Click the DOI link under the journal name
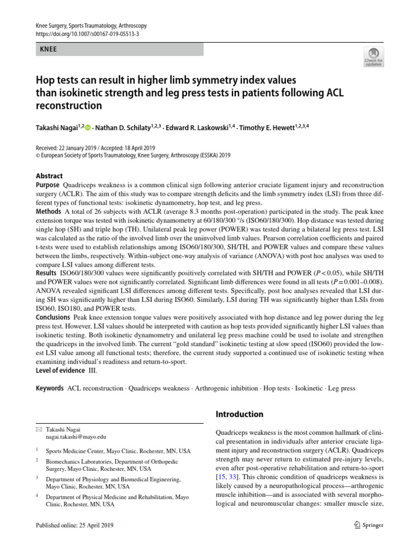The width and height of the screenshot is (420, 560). pos(87,34)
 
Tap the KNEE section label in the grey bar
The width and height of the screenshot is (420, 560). pos(49,49)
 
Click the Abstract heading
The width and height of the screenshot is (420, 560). pos(49,176)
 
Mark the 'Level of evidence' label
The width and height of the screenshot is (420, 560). pos(60,370)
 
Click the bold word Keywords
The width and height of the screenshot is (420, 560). pos(50,388)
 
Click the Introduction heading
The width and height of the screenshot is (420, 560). pos(240,414)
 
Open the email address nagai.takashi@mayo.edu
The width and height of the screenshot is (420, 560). pos(76,437)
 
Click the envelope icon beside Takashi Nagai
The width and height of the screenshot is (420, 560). pos(38,430)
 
